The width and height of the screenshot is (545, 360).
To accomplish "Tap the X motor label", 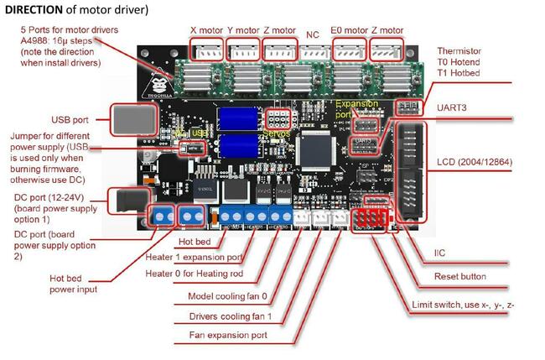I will pos(206,31).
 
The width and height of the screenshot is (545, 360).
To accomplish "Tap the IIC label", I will pos(441,252).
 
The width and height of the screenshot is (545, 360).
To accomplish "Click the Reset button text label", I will pos(459,276).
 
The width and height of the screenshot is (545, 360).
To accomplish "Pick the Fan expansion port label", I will pos(229,335).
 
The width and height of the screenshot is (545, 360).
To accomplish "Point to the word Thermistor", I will pos(462,50).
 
